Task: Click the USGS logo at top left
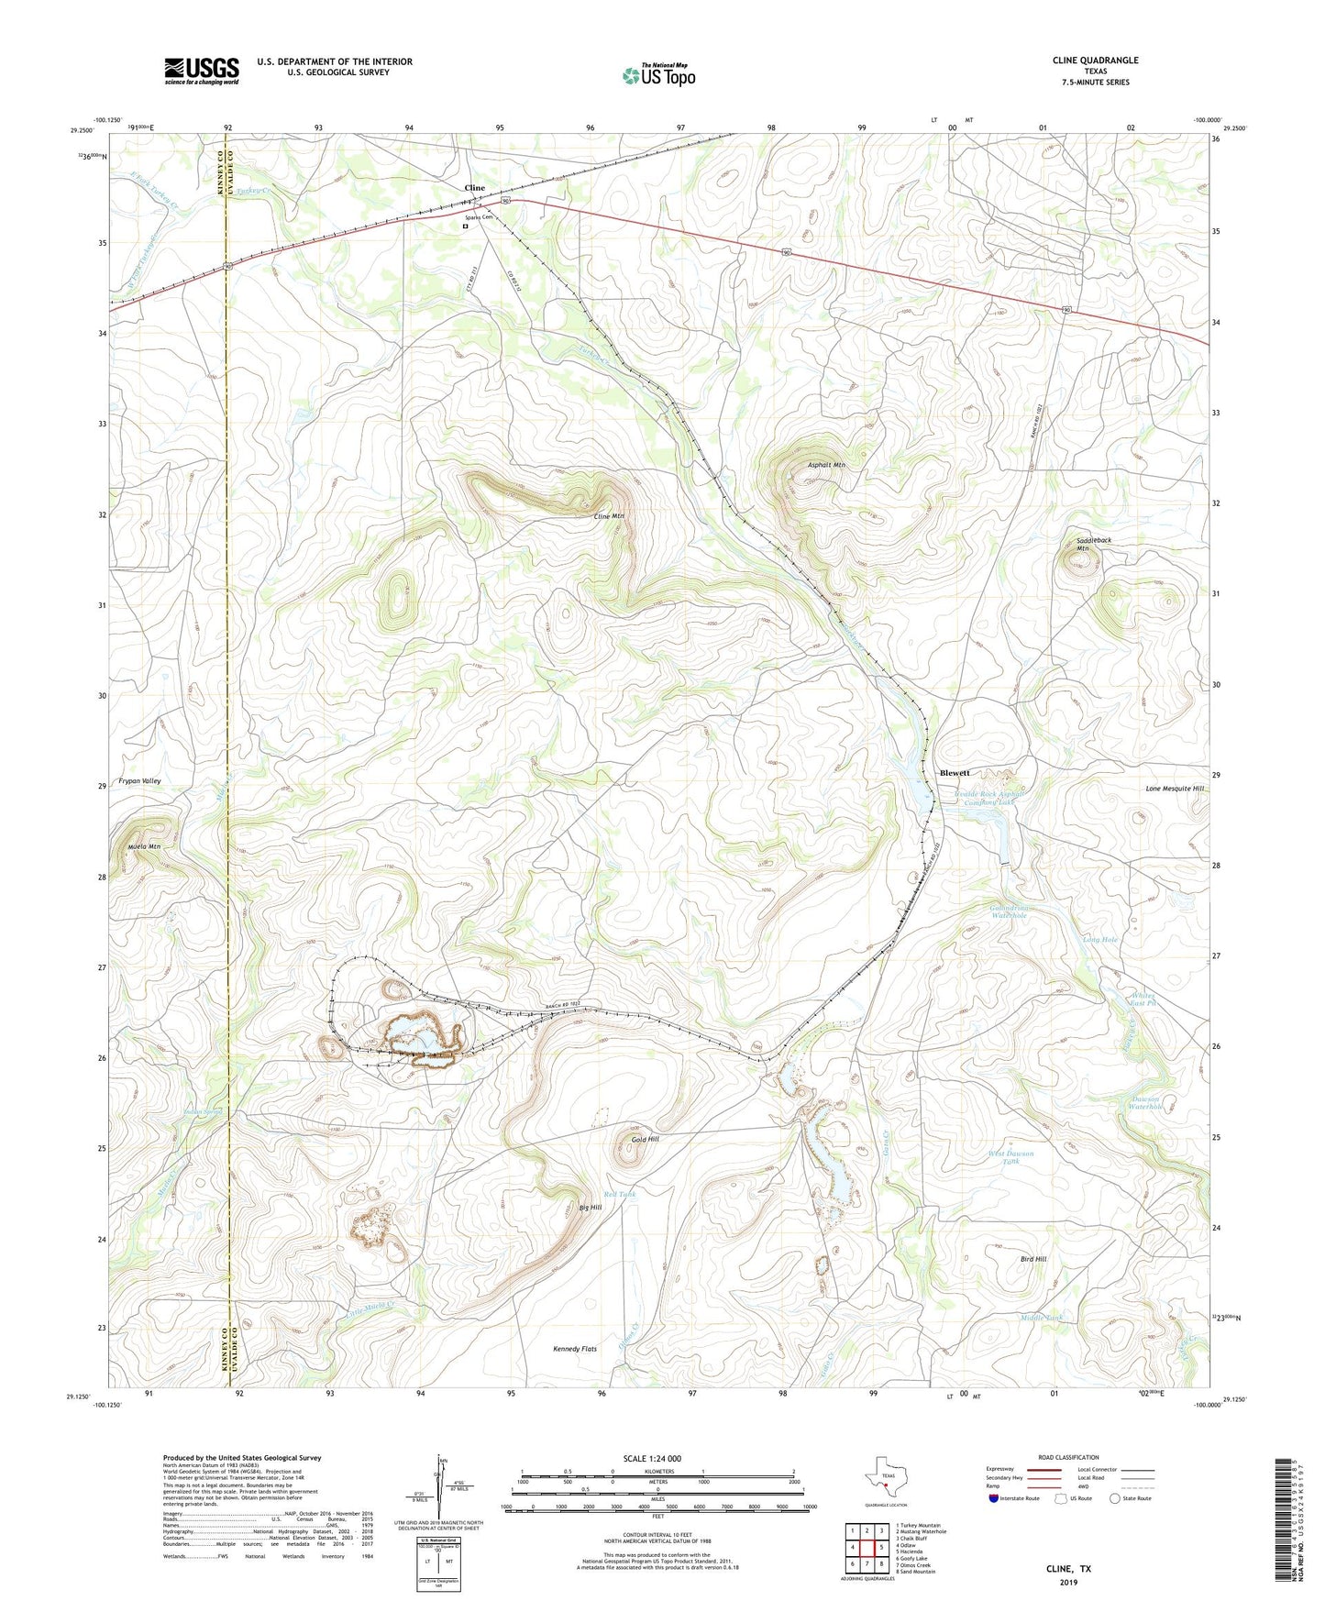pos(202,71)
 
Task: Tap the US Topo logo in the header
pos(658,75)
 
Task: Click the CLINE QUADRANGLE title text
pos(1095,61)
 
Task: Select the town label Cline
pos(474,188)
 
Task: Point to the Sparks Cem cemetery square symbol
pos(465,226)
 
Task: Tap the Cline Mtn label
pos(609,516)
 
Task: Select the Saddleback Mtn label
pos(1094,545)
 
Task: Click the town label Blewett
pos(955,773)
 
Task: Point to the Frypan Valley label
pos(139,781)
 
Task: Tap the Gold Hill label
pos(645,1140)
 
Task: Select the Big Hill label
pos(590,1208)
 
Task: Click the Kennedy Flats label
pos(575,1349)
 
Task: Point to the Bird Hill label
pos(1033,1260)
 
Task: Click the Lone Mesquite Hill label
pos(1175,789)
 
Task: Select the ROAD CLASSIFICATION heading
pos(1068,1457)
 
